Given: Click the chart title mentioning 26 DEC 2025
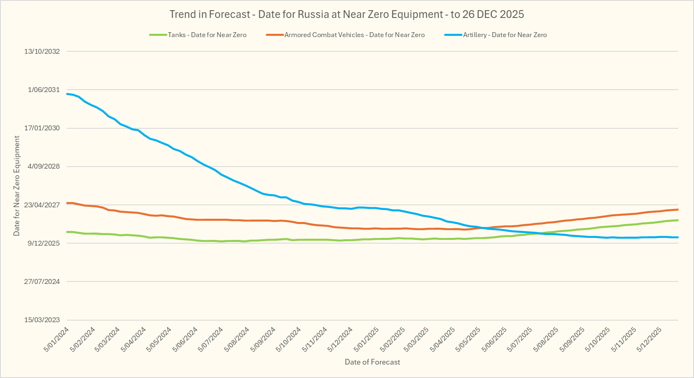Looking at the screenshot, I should pyautogui.click(x=346, y=14).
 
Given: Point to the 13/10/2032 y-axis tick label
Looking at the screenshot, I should pyautogui.click(x=42, y=51).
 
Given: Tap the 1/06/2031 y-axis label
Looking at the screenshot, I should pyautogui.click(x=44, y=90).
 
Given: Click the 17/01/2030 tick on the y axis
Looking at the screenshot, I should pyautogui.click(x=42, y=128).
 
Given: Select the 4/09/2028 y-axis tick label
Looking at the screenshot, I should pyautogui.click(x=44, y=166).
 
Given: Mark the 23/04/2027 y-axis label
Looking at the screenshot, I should pyautogui.click(x=42, y=205).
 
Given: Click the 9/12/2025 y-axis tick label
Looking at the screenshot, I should pyautogui.click(x=44, y=243).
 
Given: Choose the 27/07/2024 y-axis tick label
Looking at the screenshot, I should pyautogui.click(x=42, y=281).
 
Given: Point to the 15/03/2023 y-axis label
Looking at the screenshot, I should pyautogui.click(x=42, y=320).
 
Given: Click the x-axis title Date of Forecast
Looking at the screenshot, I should pyautogui.click(x=372, y=362).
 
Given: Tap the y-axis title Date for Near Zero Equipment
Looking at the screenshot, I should pyautogui.click(x=17, y=186).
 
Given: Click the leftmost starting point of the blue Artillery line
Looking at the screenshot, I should pyautogui.click(x=67, y=94).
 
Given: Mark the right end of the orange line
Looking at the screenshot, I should pyautogui.click(x=678, y=209).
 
